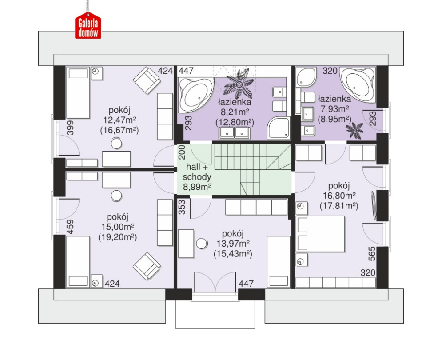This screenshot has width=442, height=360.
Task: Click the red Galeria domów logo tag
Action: click(88, 26)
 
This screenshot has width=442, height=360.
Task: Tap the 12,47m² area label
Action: click(120, 120)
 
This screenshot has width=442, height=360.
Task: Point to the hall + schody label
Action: click(197, 172)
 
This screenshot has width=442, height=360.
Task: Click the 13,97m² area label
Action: click(233, 244)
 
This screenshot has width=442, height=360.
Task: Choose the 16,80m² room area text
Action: click(339, 196)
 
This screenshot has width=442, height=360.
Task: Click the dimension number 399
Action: click(70, 128)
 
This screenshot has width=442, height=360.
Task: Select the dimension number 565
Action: click(372, 254)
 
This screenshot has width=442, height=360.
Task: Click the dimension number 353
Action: click(183, 208)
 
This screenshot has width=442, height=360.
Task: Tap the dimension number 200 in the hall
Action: click(182, 152)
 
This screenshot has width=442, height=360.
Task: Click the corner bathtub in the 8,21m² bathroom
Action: click(196, 95)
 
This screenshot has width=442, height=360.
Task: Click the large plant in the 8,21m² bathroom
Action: click(239, 83)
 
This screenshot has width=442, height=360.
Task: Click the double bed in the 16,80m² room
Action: click(321, 234)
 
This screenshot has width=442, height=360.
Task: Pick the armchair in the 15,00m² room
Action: click(147, 266)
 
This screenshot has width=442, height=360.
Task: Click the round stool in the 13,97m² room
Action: click(202, 244)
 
